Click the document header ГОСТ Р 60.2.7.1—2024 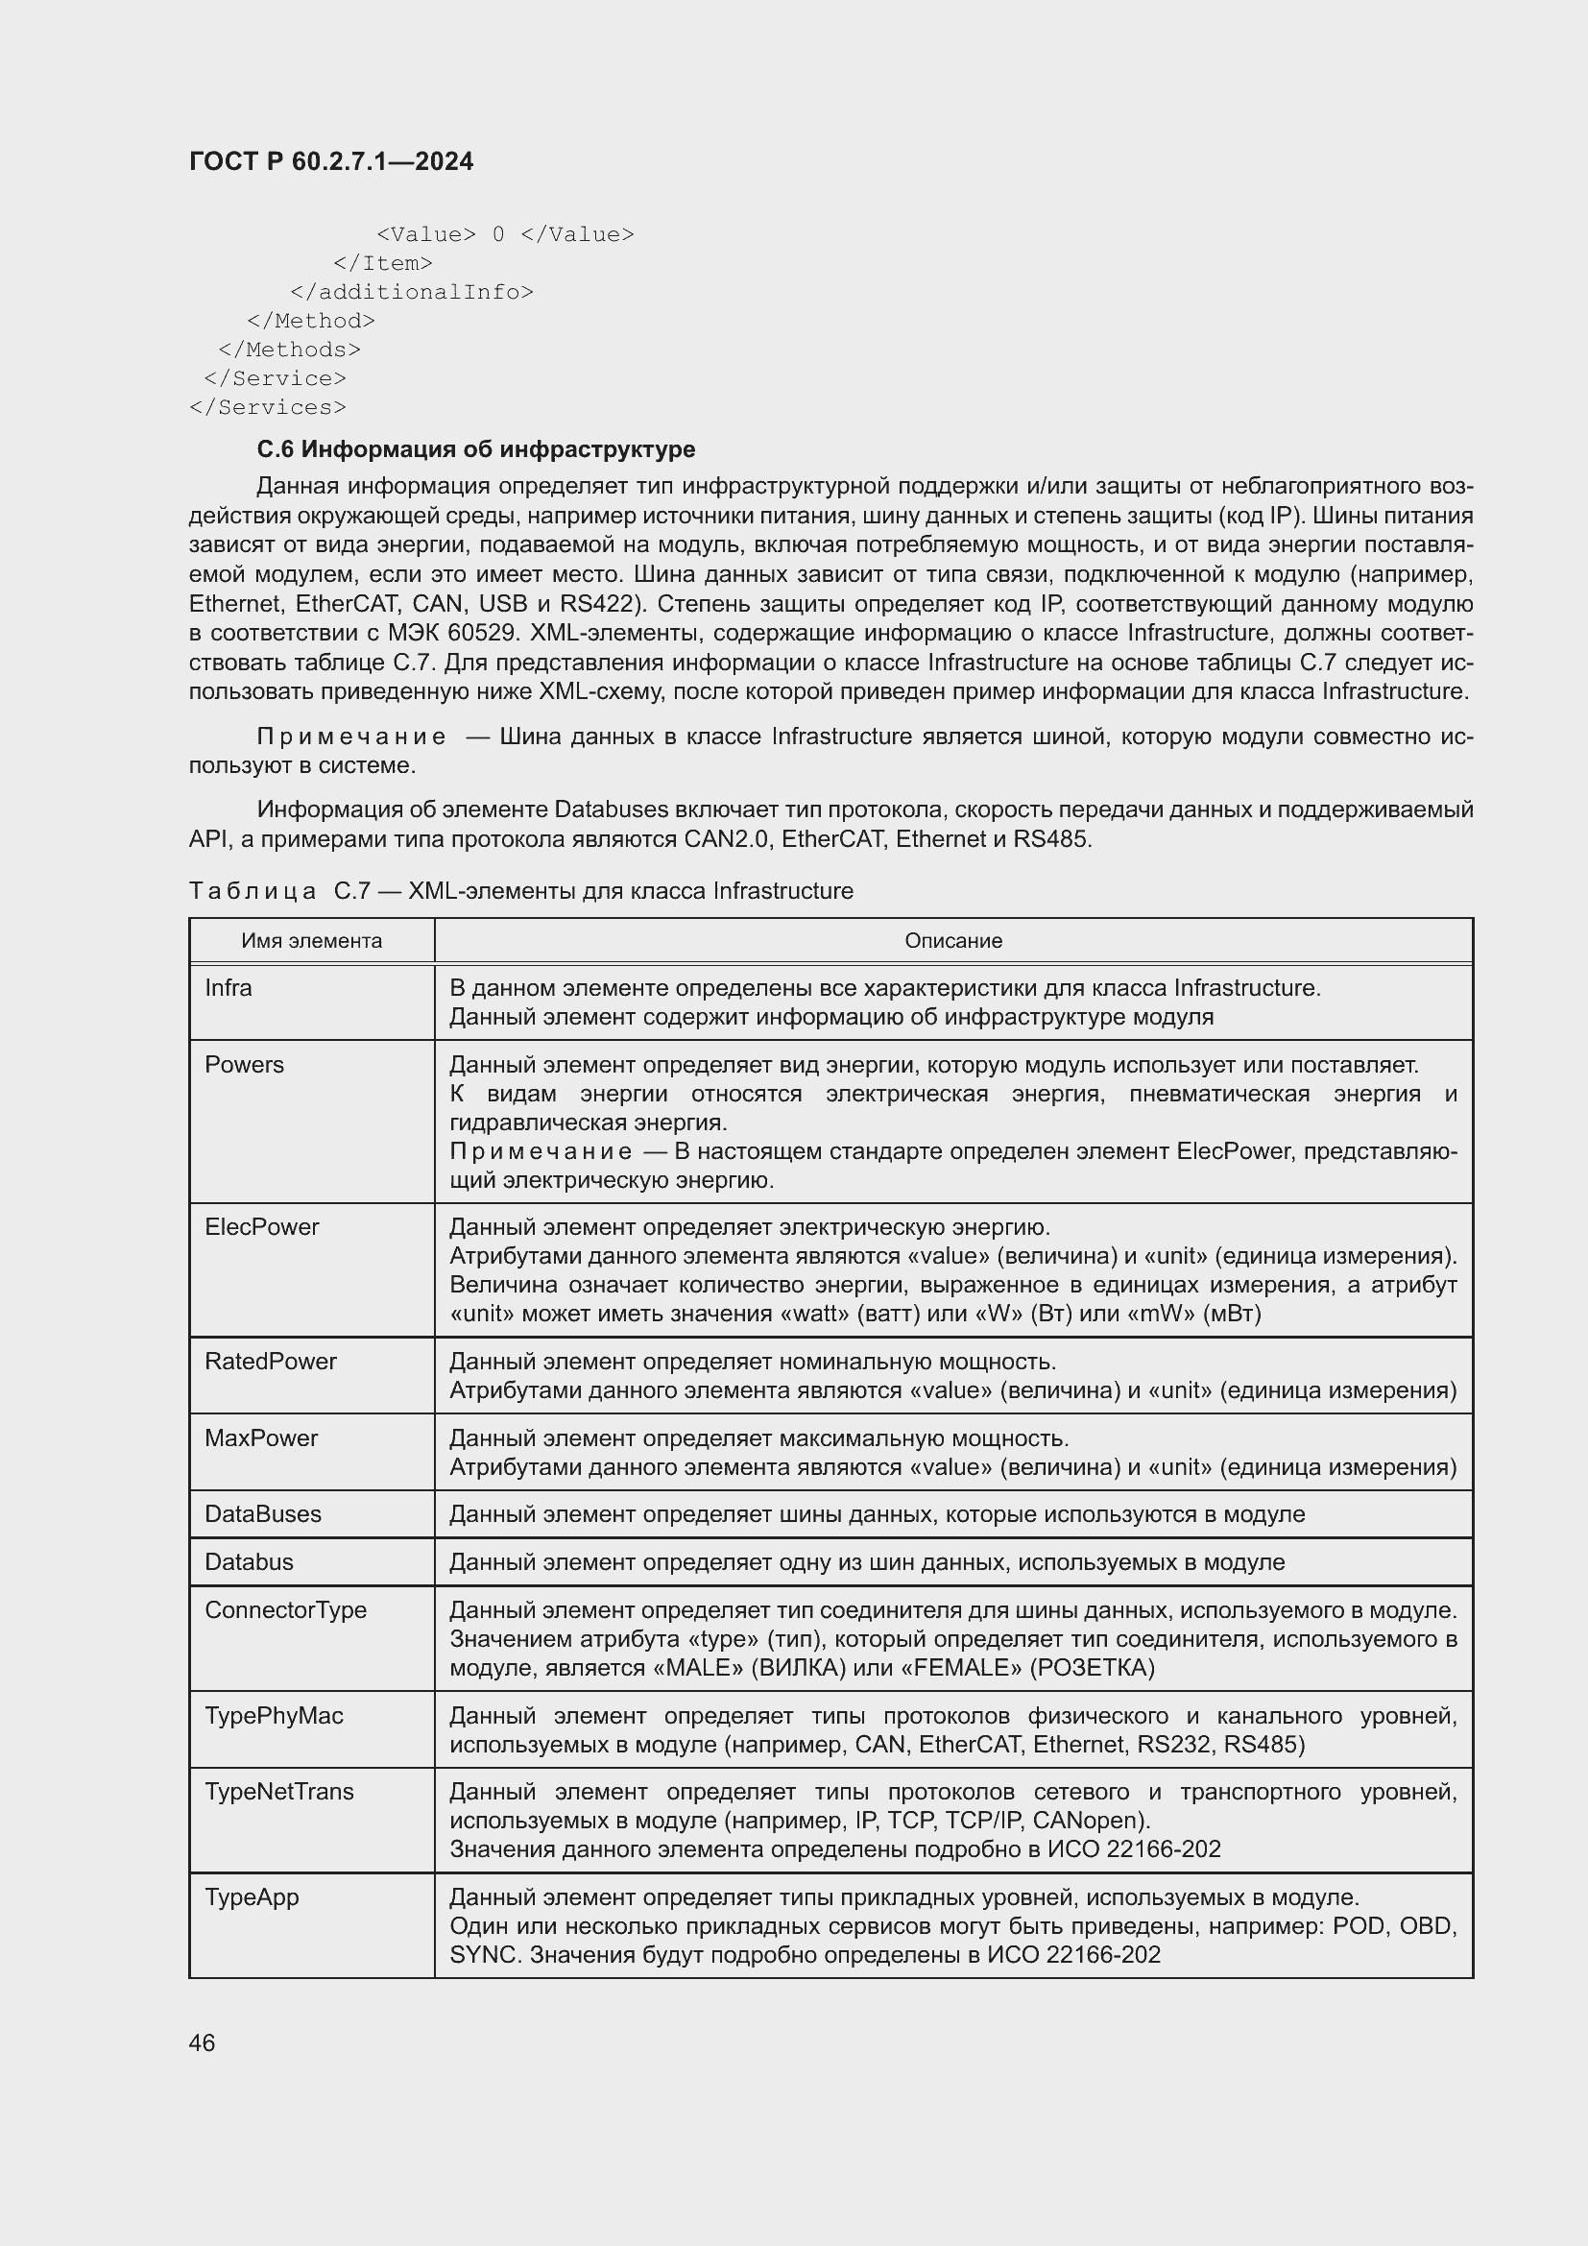point(330,161)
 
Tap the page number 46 point(202,2042)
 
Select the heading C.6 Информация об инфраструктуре point(475,449)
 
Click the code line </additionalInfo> point(412,292)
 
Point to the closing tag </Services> point(267,407)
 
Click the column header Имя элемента point(312,941)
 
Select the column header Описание point(952,941)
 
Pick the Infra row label point(228,988)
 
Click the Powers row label point(244,1064)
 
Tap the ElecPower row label point(261,1226)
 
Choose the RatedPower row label point(270,1361)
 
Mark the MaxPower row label point(261,1438)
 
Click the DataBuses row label point(262,1514)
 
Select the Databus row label point(249,1562)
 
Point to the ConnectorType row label point(284,1610)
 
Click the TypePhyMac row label point(274,1716)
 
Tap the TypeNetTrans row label point(278,1791)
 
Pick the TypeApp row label point(252,1896)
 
